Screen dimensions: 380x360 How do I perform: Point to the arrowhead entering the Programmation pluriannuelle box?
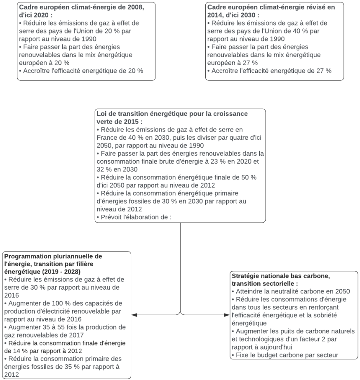(x=134, y=315)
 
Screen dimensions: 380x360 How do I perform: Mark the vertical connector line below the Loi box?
(x=180, y=268)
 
